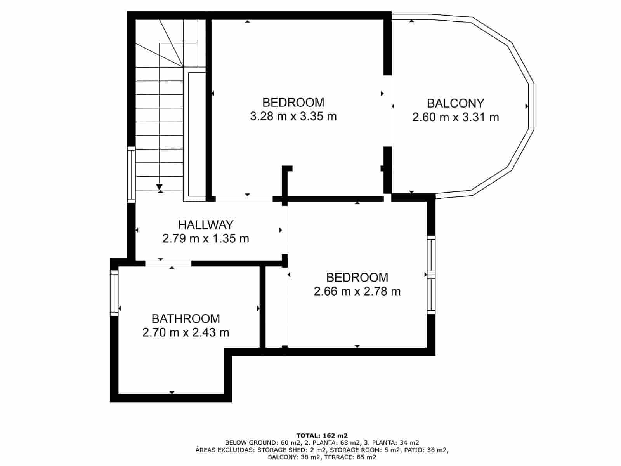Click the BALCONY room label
(x=455, y=103)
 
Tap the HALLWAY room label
(x=205, y=225)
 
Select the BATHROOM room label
(x=186, y=319)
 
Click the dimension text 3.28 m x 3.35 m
(x=293, y=116)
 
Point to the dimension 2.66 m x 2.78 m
(x=357, y=291)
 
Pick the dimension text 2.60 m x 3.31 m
(x=455, y=117)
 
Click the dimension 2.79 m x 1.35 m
(x=205, y=238)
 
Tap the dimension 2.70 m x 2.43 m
(x=186, y=332)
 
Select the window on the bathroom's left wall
(x=114, y=293)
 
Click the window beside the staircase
(x=132, y=174)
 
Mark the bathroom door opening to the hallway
(x=168, y=263)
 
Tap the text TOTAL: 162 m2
(x=322, y=435)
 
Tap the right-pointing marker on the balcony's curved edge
(x=527, y=106)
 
